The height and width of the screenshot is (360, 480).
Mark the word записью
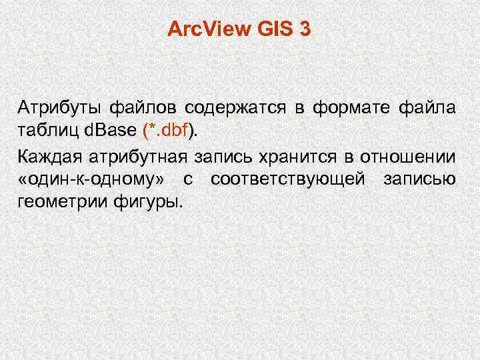pos(419,179)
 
